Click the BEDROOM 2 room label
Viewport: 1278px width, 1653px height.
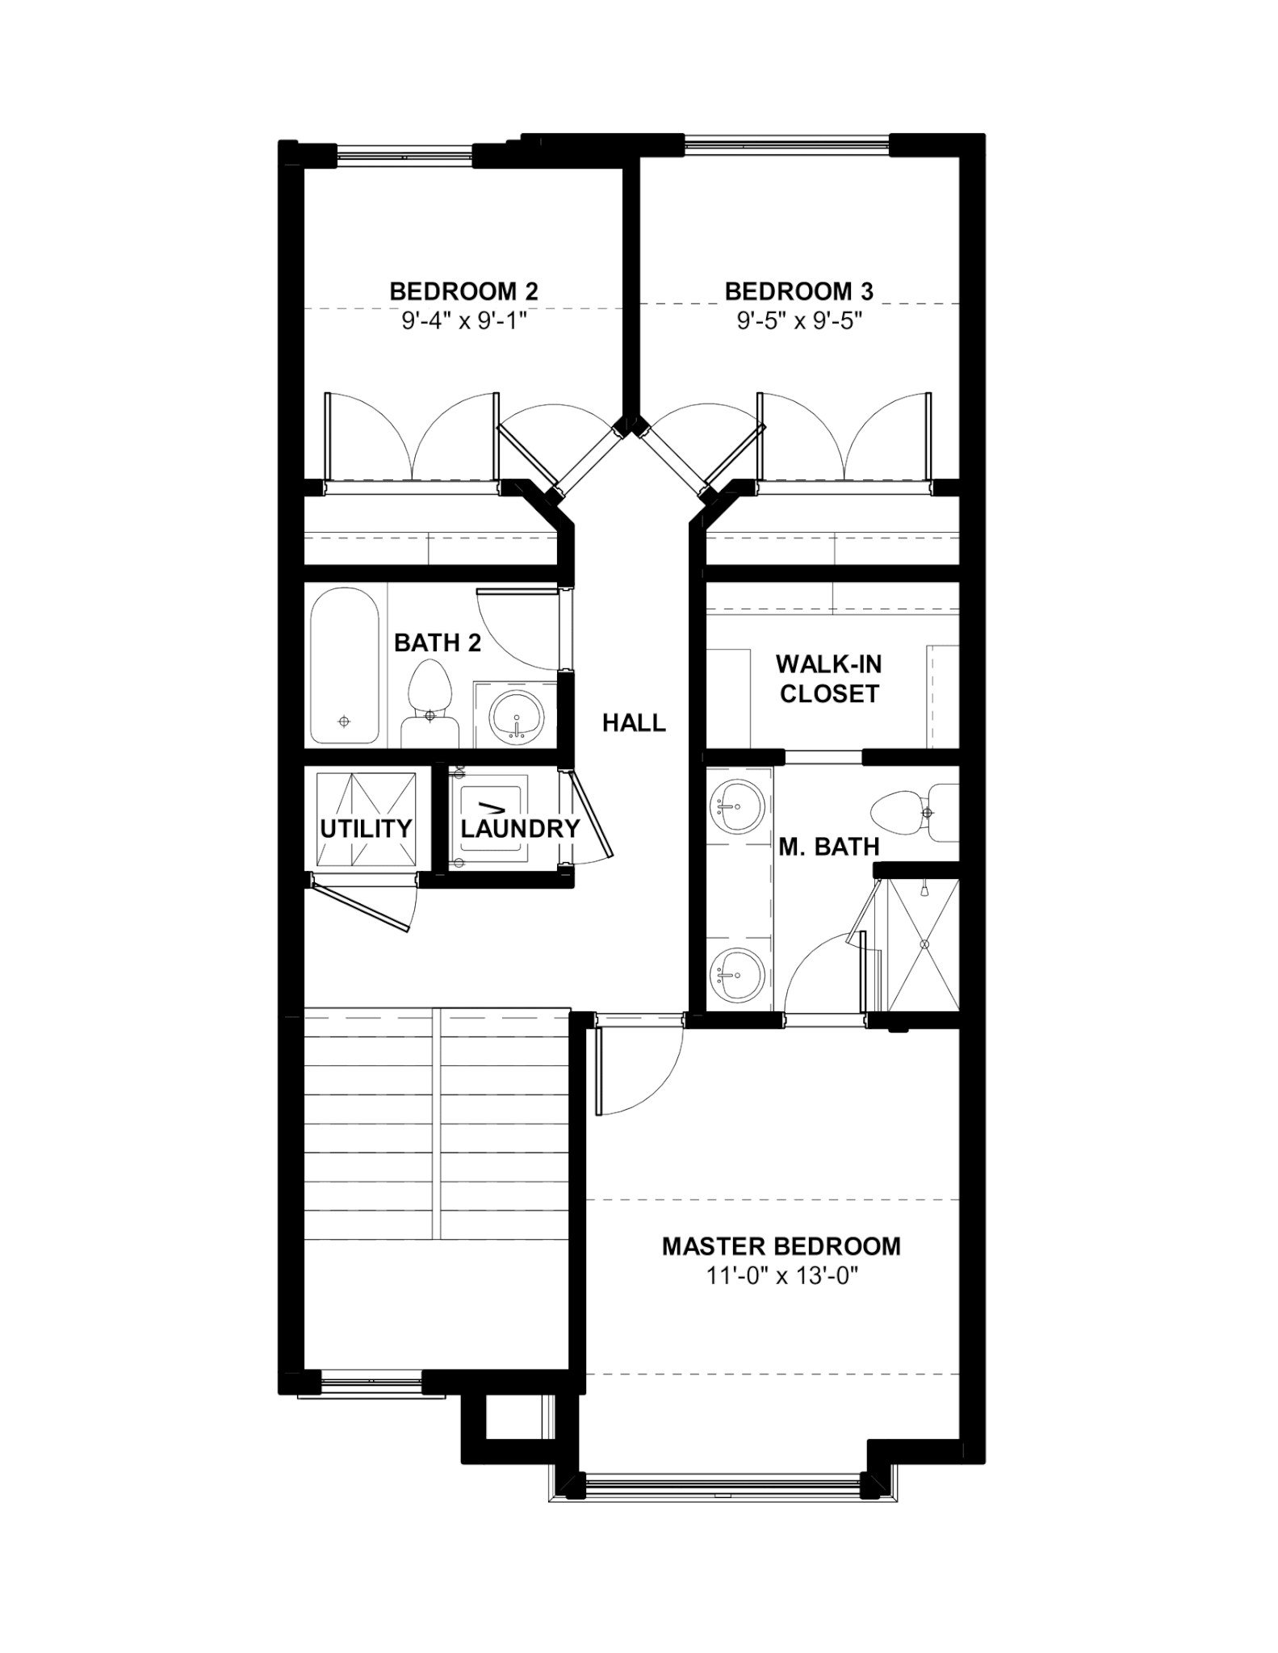coord(463,291)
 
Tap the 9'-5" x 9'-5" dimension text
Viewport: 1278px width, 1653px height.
coord(799,321)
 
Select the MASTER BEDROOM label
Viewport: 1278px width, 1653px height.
coord(781,1246)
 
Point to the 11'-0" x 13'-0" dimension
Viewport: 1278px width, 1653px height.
coord(781,1276)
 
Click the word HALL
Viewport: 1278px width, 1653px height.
coord(635,723)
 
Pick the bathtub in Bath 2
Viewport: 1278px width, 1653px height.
coord(345,666)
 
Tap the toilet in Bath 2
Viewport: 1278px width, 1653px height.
coord(429,705)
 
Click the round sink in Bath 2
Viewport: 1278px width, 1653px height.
coord(517,715)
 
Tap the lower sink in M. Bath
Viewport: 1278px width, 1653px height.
coord(735,974)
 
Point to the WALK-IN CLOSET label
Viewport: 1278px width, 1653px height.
coord(829,679)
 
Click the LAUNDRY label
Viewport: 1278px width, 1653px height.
coord(521,829)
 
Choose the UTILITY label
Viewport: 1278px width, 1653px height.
coord(366,829)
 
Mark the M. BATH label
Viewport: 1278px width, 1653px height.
coord(829,847)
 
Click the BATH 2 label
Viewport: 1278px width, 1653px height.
coord(438,643)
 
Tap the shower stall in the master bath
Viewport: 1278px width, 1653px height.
coord(924,944)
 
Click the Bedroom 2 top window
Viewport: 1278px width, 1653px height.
coord(404,155)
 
